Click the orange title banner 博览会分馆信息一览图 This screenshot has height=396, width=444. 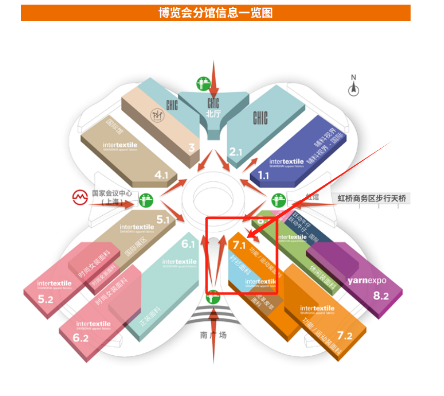215,13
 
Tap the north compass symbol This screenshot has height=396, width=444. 354,89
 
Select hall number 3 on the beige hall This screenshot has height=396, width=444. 192,148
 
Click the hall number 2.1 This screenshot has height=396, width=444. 235,152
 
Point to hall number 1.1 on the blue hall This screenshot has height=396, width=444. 264,176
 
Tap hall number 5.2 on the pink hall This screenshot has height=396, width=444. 45,299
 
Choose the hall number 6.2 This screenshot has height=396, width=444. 81,338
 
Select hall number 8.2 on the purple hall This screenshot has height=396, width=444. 380,296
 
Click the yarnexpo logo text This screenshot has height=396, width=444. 366,281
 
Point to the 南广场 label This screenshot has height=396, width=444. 213,335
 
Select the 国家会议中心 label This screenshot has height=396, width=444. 112,194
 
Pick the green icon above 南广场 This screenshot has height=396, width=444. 213,298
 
